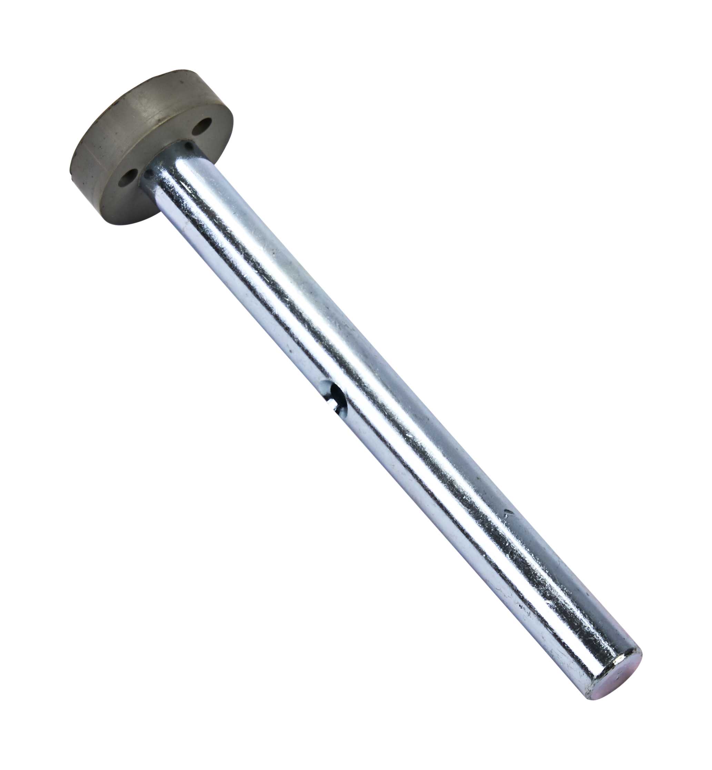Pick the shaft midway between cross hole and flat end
[x=474, y=532]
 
